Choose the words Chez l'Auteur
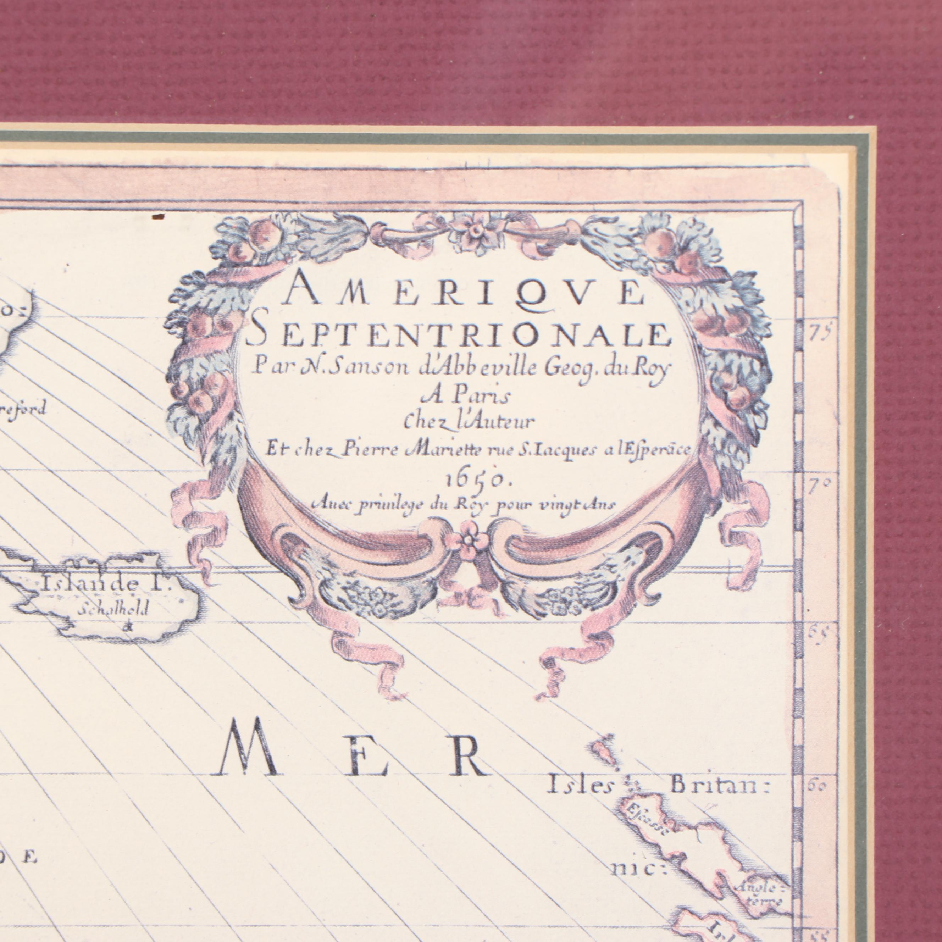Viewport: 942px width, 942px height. coord(470,422)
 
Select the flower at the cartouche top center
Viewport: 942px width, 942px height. coord(472,232)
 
